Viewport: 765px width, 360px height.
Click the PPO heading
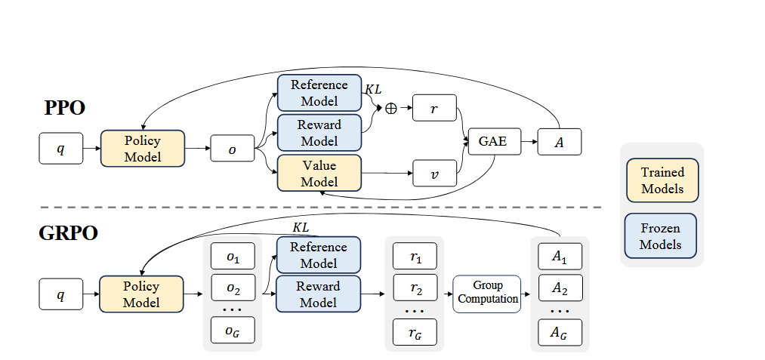pos(64,108)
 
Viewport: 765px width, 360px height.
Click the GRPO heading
pos(69,233)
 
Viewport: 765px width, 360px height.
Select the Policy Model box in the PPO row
pos(142,149)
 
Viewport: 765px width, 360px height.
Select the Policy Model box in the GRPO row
pos(142,294)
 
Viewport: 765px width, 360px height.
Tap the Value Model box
pos(319,173)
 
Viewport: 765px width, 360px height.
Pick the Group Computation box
pos(488,292)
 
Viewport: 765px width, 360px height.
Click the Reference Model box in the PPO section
pos(319,93)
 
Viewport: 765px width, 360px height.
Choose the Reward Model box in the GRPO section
pos(319,294)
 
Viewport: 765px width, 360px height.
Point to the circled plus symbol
pos(390,109)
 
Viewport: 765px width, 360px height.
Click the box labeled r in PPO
pos(434,109)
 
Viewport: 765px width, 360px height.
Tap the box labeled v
pos(434,173)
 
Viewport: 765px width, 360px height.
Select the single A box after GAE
pos(559,141)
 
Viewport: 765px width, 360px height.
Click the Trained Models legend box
pos(662,181)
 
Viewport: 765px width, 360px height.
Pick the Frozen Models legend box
pos(661,236)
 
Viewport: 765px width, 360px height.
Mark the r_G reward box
pos(415,332)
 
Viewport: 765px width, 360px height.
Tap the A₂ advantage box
pos(560,288)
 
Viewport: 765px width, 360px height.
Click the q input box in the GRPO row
pos(60,294)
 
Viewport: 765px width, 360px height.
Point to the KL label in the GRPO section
pos(301,227)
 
